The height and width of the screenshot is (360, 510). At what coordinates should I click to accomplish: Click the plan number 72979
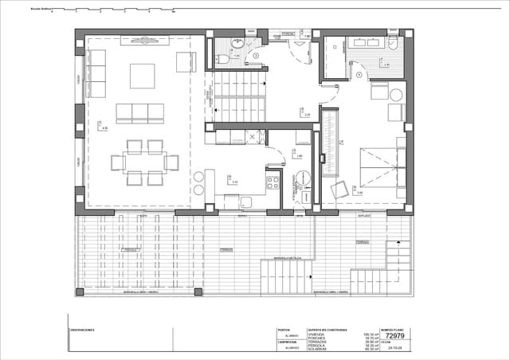point(395,335)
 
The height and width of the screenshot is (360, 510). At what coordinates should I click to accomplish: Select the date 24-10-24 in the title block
point(394,348)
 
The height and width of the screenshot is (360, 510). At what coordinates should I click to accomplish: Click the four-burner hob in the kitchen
point(273,182)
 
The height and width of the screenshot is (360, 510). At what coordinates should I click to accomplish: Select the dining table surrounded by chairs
point(144,162)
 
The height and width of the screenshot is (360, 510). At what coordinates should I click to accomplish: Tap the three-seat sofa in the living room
point(140,113)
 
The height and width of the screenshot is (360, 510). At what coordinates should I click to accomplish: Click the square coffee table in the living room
point(143,76)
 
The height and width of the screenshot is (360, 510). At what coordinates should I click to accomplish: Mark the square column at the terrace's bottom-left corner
point(80,292)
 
